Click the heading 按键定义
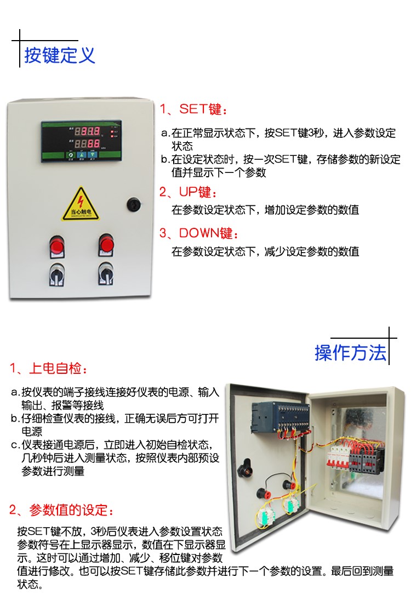(60, 55)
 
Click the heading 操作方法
(350, 352)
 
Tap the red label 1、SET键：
(192, 109)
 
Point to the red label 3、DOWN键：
(199, 233)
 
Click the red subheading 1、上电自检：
(48, 368)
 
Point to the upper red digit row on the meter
(87, 132)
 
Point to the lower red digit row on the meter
(87, 144)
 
